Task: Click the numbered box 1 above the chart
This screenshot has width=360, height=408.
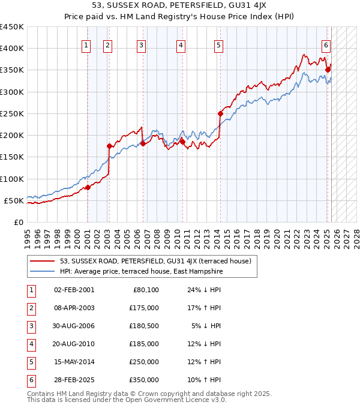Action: (86, 44)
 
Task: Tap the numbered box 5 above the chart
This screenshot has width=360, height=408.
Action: (218, 44)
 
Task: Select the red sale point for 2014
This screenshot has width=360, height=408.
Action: (220, 113)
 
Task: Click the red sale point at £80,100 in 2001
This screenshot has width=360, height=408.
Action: (88, 187)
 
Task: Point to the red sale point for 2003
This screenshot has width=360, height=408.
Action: (109, 146)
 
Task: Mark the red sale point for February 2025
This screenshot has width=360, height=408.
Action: (328, 70)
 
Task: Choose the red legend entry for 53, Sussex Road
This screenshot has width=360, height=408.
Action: (158, 261)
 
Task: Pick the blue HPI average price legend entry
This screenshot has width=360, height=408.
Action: (140, 271)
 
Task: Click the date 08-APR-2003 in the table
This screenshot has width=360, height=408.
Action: (74, 308)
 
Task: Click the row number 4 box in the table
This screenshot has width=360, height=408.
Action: (30, 344)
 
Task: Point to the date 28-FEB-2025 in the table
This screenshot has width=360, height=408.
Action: (74, 380)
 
